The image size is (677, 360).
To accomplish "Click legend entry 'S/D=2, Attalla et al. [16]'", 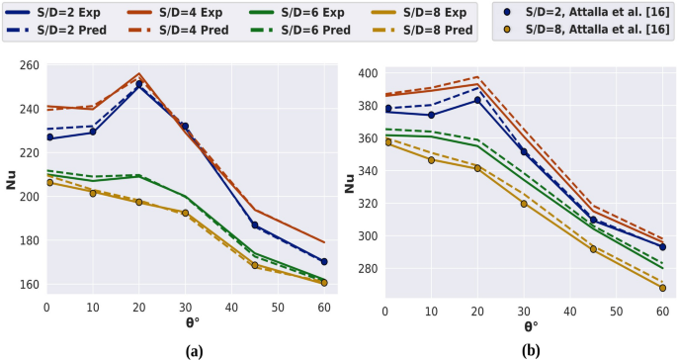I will [584, 13].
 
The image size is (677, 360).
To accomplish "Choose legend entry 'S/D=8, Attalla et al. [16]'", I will [584, 30].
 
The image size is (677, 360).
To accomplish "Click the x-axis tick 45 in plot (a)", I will [254, 308].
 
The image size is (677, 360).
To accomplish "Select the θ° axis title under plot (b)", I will [531, 325].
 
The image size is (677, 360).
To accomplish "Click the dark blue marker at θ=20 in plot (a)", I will [139, 85].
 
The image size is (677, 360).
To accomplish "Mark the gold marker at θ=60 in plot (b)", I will [662, 288].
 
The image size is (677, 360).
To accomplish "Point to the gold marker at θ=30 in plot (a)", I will [185, 213].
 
